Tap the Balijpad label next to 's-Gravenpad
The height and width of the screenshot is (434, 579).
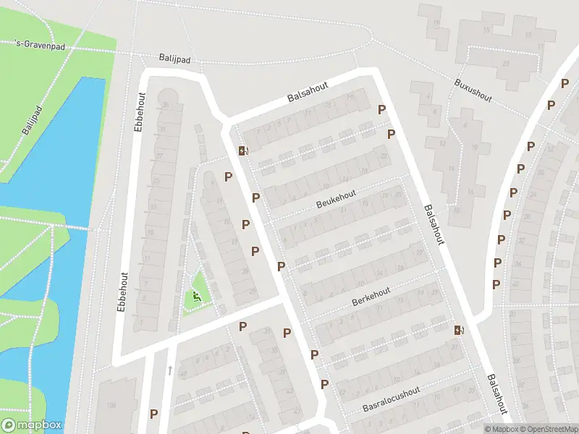click(x=174, y=58)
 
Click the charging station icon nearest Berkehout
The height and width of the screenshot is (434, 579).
click(x=459, y=330)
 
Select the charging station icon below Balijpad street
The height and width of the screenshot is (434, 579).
click(x=243, y=150)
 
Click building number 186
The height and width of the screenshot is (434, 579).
click(x=110, y=404)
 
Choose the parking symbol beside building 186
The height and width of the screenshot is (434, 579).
click(x=154, y=414)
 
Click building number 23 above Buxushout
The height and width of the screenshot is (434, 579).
click(x=506, y=63)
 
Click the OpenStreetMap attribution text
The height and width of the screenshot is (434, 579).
click(x=548, y=429)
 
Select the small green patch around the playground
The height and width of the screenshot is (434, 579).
click(x=197, y=291)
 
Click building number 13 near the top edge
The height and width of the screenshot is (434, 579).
click(x=529, y=35)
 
